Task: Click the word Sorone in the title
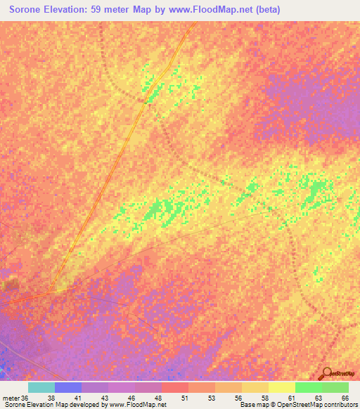tap(30, 11)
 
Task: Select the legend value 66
tap(345, 398)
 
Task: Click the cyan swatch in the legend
tap(41, 387)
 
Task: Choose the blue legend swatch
tap(68, 387)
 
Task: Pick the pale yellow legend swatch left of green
tap(282, 387)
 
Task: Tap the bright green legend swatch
tap(309, 387)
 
